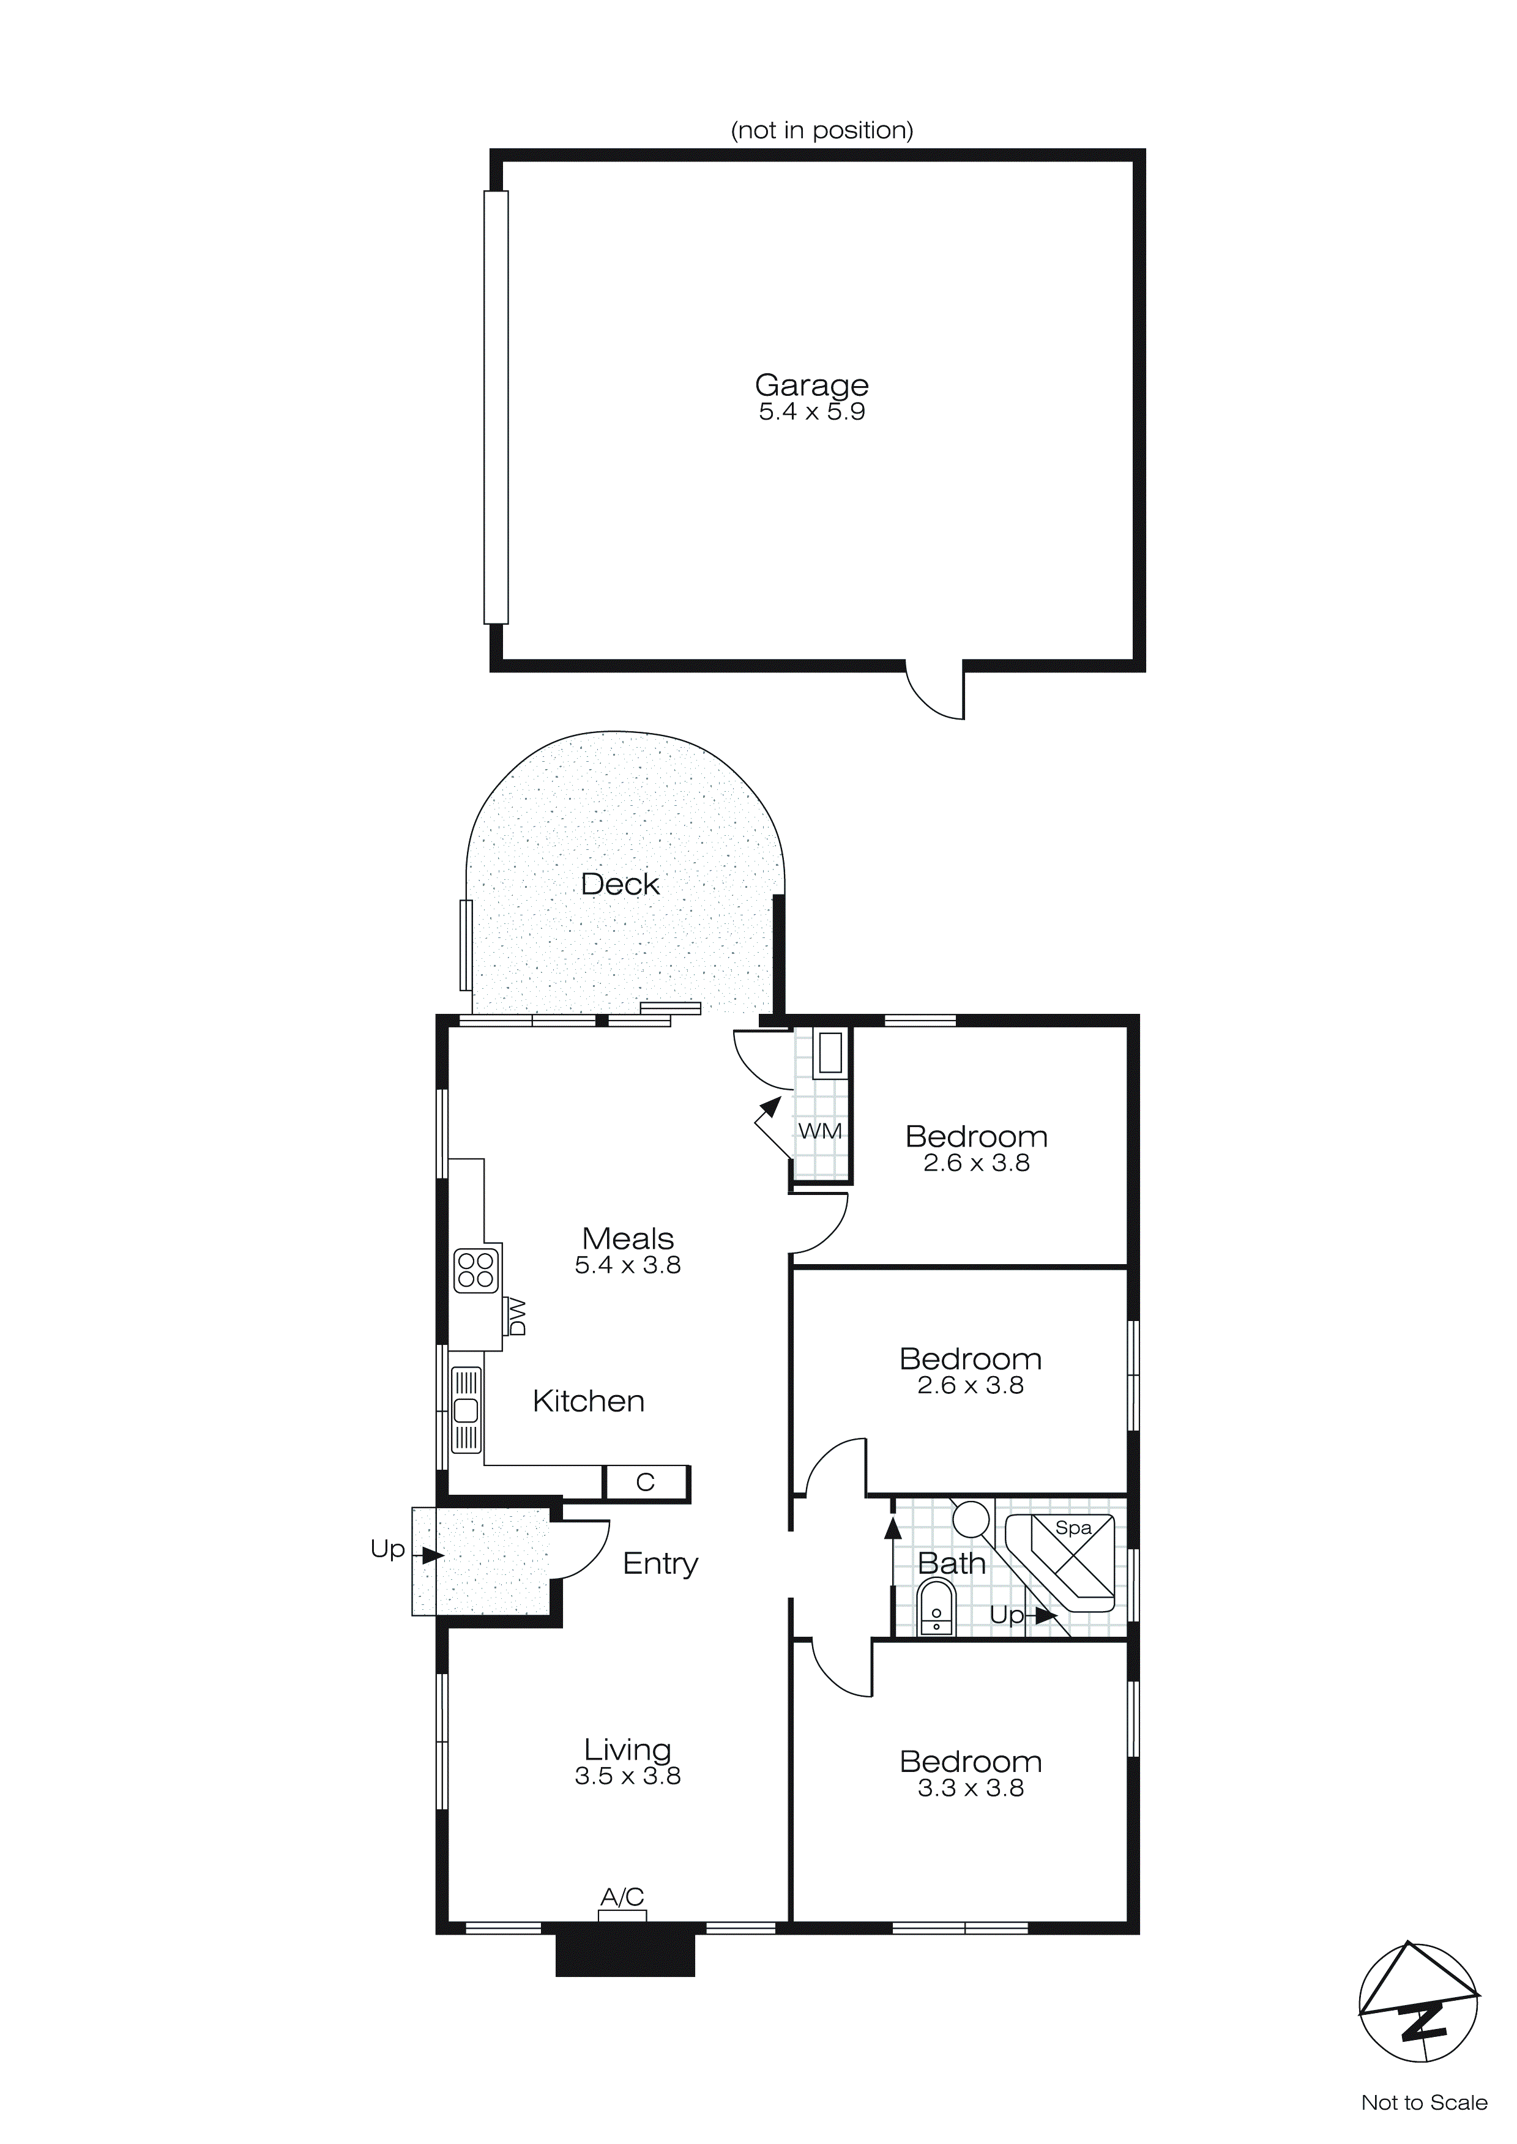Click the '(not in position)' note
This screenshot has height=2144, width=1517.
[x=821, y=130]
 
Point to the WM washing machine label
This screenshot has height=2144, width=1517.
[x=819, y=1131]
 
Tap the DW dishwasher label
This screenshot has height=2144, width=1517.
[x=516, y=1317]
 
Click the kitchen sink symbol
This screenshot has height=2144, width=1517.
[x=466, y=1410]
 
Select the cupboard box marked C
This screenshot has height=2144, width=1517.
[x=646, y=1482]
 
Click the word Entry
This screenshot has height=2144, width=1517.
[x=660, y=1563]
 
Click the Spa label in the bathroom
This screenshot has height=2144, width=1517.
[x=1073, y=1528]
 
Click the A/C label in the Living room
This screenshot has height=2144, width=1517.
[x=622, y=1897]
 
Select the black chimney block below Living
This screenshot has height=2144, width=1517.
[x=625, y=1954]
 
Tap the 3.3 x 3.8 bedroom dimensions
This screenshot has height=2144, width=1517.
[x=971, y=1789]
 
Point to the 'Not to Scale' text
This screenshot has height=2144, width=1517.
[x=1423, y=2102]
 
